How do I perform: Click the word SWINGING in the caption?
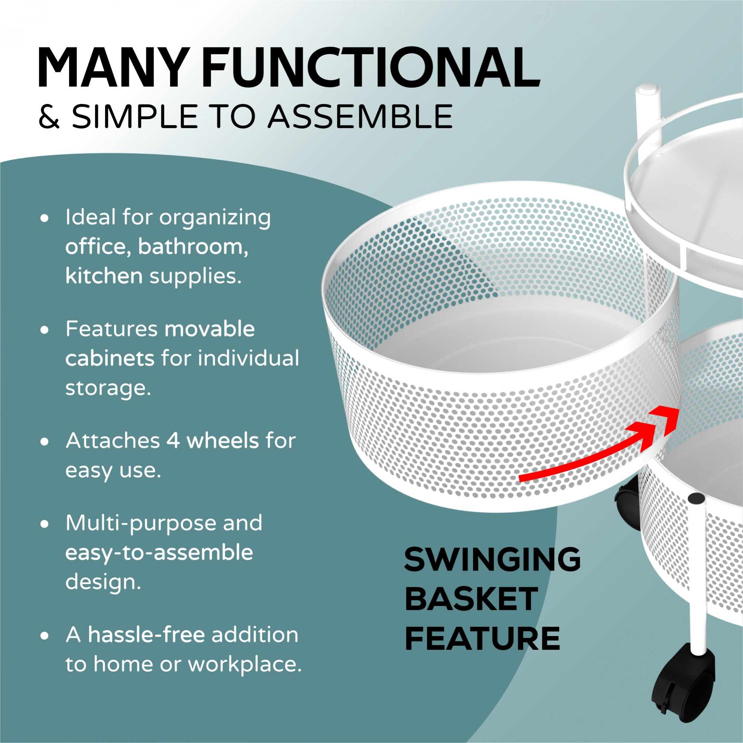click(493, 559)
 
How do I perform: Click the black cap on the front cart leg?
click(697, 499)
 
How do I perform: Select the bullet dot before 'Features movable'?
click(45, 330)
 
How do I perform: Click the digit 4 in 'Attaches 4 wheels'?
click(173, 441)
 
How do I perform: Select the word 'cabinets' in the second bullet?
click(110, 359)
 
